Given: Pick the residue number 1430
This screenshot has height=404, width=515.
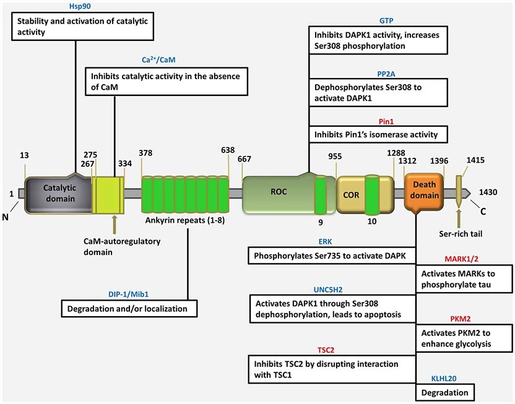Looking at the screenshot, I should coord(491,192).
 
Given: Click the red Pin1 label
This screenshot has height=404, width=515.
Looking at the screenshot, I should coord(378,122).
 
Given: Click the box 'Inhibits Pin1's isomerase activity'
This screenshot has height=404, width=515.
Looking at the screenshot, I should coord(377,134).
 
